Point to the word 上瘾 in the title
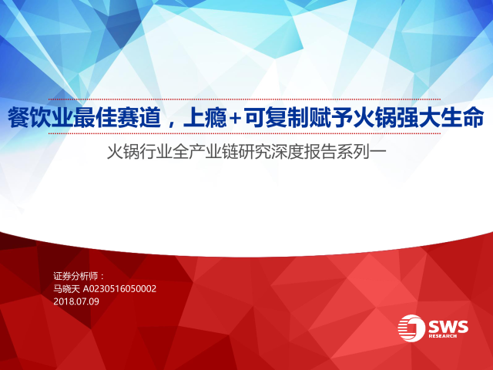pos(206,118)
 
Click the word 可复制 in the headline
pos(276,118)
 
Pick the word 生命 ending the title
pos(462,118)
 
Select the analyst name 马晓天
pos(67,289)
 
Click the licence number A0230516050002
pos(119,289)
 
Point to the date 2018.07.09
pos(76,301)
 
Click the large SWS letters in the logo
pos(448,327)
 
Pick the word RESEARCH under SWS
pos(442,336)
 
